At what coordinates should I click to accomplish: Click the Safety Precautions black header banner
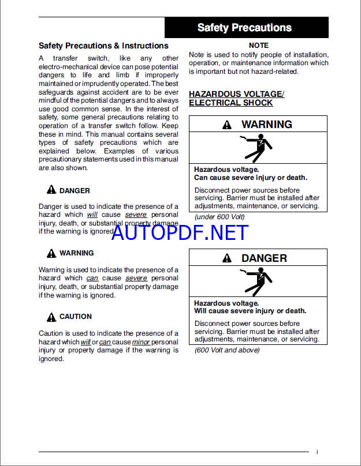click(x=246, y=27)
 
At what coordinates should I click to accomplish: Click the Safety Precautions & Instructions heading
click(x=103, y=46)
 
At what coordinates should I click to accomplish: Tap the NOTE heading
click(x=258, y=45)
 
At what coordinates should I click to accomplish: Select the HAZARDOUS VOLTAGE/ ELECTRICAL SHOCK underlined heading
click(x=237, y=98)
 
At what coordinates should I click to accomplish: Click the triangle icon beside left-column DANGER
click(x=51, y=190)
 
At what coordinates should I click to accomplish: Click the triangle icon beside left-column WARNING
click(x=51, y=253)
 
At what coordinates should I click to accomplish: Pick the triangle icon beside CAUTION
click(x=51, y=316)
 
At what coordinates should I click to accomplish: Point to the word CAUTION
click(x=76, y=317)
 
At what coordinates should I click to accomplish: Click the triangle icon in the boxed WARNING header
click(x=228, y=125)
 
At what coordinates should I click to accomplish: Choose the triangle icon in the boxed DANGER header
click(x=228, y=258)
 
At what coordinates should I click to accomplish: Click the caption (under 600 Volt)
click(x=219, y=216)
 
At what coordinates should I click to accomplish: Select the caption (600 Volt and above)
click(x=227, y=350)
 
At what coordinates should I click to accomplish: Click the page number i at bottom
click(x=317, y=452)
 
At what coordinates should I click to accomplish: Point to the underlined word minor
click(x=141, y=341)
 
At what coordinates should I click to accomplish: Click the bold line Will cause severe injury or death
click(x=250, y=311)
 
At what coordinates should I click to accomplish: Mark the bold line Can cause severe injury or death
click(x=251, y=178)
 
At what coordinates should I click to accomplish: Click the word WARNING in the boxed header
click(x=267, y=125)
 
